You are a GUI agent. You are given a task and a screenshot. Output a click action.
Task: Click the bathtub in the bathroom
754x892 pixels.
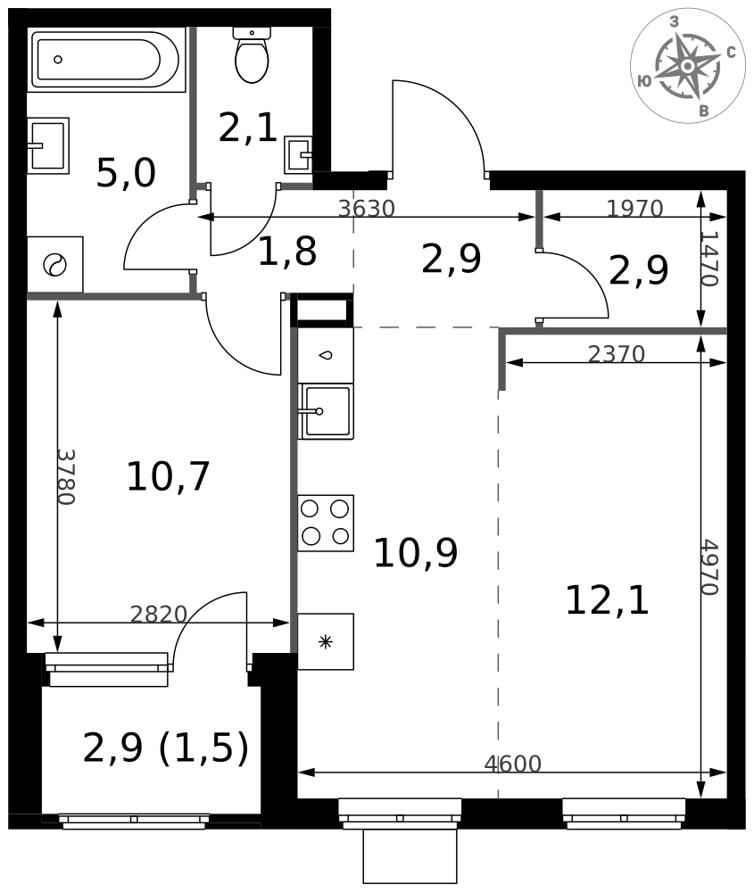click(x=106, y=60)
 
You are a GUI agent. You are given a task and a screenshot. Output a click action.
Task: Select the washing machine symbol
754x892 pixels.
click(x=54, y=265)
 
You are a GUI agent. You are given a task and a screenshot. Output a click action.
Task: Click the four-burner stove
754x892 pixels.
click(x=325, y=523)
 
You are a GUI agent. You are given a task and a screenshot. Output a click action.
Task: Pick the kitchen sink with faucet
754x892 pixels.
click(x=327, y=411)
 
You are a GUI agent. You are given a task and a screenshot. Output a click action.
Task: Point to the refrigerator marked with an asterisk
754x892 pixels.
click(x=326, y=641)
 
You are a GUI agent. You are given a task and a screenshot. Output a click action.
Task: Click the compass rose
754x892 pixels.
click(x=687, y=66)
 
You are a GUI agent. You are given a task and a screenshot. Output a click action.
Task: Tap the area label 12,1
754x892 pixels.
click(x=607, y=601)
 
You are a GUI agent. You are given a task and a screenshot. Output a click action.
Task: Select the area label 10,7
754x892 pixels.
click(x=168, y=476)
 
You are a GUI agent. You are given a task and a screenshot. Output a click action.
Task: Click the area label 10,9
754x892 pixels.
click(x=415, y=553)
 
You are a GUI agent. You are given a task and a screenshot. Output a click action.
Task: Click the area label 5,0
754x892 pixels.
click(x=126, y=173)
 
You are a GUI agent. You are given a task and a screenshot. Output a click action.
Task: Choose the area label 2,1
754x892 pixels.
click(x=248, y=128)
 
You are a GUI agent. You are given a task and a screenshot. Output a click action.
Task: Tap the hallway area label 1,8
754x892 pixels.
click(x=286, y=252)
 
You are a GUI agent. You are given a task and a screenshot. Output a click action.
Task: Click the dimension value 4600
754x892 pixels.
click(x=512, y=764)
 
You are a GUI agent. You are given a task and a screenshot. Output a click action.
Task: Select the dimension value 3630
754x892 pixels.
click(x=367, y=209)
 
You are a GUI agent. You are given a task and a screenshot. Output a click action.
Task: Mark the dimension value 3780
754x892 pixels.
click(x=65, y=476)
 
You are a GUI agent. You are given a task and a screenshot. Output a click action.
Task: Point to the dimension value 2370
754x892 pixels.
click(x=617, y=355)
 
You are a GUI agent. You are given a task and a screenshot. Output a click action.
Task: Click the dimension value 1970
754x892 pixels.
click(x=634, y=209)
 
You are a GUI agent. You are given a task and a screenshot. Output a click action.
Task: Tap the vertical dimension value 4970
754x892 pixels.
click(x=710, y=567)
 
